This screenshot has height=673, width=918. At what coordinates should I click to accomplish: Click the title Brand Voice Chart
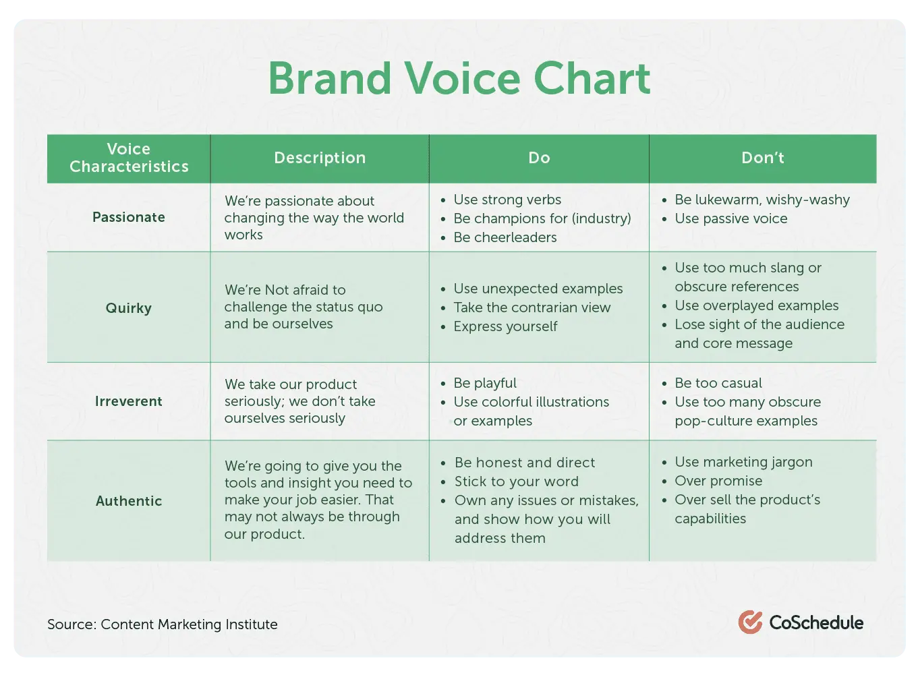tap(459, 78)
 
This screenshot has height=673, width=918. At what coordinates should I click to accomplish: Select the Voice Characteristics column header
tap(129, 158)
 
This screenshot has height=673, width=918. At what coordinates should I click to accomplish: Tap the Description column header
tap(320, 158)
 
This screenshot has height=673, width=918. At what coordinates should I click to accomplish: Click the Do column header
tap(539, 158)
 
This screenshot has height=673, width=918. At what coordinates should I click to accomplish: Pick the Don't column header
tap(762, 158)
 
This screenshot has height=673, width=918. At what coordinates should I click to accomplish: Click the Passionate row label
tap(129, 217)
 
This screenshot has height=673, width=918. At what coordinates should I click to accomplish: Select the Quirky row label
tap(129, 308)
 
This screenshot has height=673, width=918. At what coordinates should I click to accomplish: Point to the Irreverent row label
tap(129, 401)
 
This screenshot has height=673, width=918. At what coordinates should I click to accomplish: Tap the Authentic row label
tap(129, 501)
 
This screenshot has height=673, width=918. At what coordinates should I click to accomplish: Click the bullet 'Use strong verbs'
tap(507, 200)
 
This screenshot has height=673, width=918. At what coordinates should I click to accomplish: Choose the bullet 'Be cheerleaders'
tap(505, 237)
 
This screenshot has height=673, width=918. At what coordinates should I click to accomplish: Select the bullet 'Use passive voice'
tap(731, 218)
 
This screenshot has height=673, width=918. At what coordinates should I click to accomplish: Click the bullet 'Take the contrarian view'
tap(532, 308)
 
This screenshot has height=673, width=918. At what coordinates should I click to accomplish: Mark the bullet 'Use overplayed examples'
tap(756, 305)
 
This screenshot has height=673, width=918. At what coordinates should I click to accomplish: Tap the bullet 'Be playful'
tap(485, 383)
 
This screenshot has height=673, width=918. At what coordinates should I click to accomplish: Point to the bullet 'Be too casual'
tap(718, 383)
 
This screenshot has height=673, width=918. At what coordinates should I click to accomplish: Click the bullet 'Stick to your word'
tap(516, 481)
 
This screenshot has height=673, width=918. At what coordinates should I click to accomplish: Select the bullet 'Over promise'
tap(718, 481)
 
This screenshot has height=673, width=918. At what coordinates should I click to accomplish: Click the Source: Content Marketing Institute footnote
tap(163, 624)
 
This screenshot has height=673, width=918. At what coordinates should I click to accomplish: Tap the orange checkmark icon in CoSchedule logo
tap(750, 622)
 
